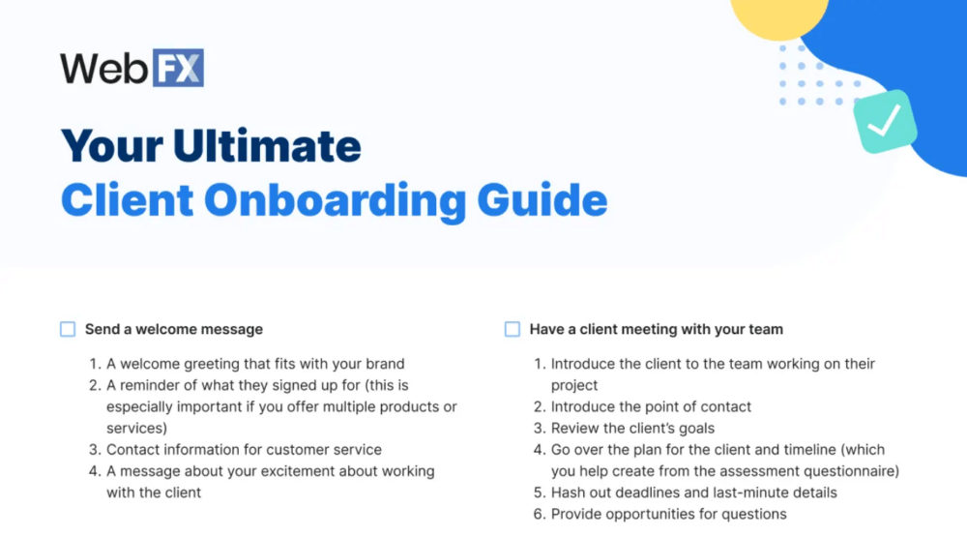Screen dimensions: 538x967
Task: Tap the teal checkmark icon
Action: pyautogui.click(x=884, y=123)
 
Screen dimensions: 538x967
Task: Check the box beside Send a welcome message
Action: pyautogui.click(x=68, y=329)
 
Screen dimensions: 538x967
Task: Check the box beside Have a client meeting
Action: pyautogui.click(x=513, y=329)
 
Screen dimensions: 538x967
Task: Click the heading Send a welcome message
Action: pyautogui.click(x=174, y=329)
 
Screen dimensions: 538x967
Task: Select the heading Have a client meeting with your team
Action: pyautogui.click(x=656, y=329)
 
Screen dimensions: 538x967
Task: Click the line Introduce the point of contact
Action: pyautogui.click(x=651, y=406)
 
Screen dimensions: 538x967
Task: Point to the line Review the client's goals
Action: pyautogui.click(x=632, y=428)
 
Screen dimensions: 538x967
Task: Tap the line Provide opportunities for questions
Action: pyautogui.click(x=668, y=514)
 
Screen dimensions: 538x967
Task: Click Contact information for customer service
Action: pyautogui.click(x=244, y=449)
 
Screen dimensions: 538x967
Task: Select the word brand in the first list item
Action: pyautogui.click(x=385, y=364)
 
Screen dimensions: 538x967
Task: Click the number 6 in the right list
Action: pyautogui.click(x=539, y=514)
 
